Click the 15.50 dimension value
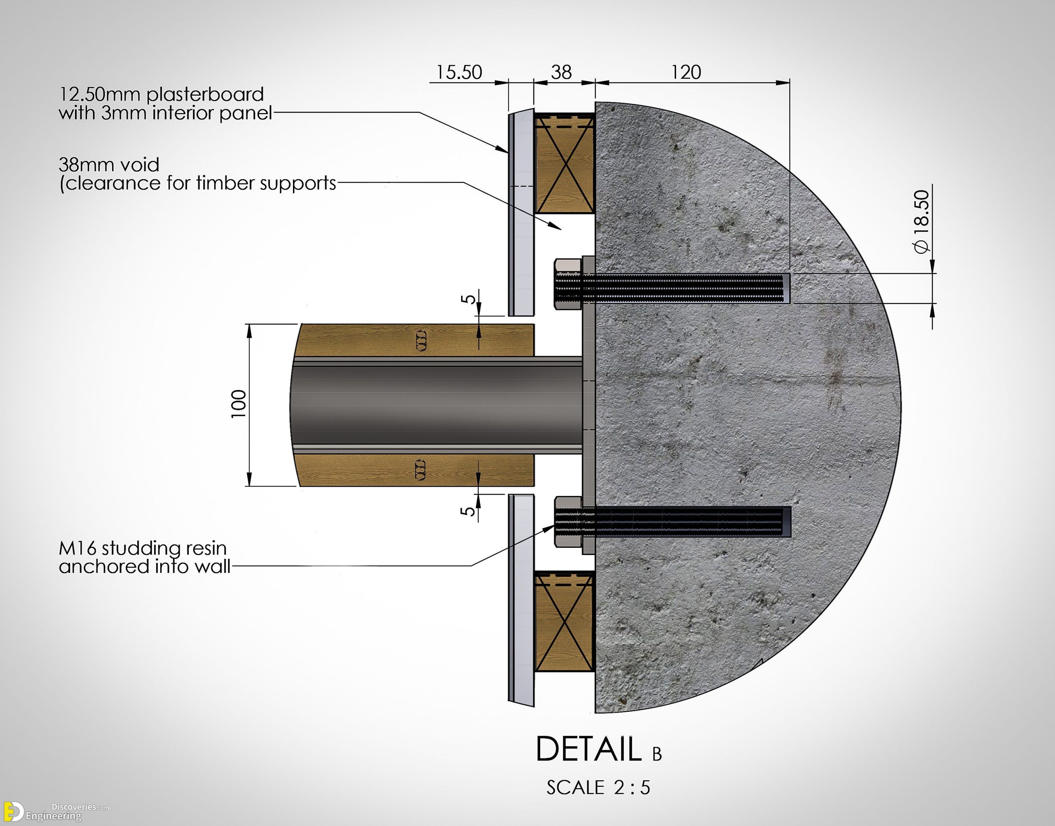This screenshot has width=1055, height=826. point(459,73)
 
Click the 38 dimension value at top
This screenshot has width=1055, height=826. point(561,73)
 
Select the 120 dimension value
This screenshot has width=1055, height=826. point(686,73)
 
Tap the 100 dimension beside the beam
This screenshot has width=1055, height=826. point(239,404)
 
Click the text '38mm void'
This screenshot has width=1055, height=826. point(109,165)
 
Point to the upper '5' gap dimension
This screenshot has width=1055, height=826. point(468,299)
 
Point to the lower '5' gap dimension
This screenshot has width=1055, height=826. point(468,511)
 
